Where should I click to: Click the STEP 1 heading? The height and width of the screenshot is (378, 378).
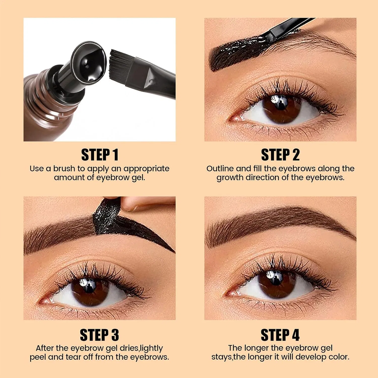pyautogui.click(x=100, y=155)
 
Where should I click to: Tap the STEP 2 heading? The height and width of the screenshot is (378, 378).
pyautogui.click(x=280, y=155)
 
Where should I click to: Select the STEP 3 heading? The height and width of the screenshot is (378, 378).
pyautogui.click(x=99, y=335)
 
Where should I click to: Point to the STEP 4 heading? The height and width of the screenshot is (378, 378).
pyautogui.click(x=280, y=335)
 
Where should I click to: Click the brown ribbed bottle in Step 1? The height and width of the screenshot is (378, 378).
pyautogui.click(x=48, y=106)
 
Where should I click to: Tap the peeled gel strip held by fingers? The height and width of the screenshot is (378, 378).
pyautogui.click(x=107, y=217)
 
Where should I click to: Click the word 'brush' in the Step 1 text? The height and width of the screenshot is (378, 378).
pyautogui.click(x=64, y=168)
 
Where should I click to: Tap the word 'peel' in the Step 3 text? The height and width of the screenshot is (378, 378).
pyautogui.click(x=38, y=357)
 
